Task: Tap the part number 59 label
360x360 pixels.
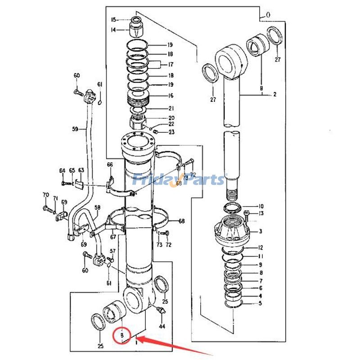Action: pos(75,129)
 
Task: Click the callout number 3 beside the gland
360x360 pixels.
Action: pos(260,231)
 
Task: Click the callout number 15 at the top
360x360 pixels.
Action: pos(114,19)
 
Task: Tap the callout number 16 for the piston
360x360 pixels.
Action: pos(171,96)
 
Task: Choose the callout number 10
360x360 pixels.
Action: pos(261,206)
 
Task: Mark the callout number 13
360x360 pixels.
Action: pos(261,213)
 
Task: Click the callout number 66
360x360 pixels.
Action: pos(110,165)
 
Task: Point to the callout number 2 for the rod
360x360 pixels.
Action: pos(274,94)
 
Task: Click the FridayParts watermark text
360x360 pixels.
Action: pos(180,180)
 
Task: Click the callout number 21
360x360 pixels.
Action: pos(171,108)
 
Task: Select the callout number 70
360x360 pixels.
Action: pos(45,195)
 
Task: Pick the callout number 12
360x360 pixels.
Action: pos(260,247)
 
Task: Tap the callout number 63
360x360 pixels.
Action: pos(81,170)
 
